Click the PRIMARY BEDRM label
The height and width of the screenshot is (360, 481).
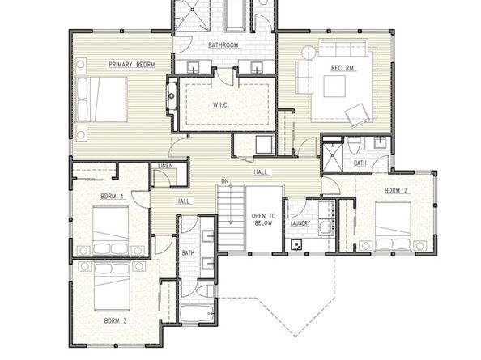[x=132, y=64]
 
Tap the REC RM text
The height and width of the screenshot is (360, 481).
[x=342, y=68]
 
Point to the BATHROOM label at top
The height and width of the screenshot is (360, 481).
[x=223, y=45]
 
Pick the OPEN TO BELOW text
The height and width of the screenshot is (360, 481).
[x=264, y=220]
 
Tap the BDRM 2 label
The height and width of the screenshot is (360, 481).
[x=395, y=191]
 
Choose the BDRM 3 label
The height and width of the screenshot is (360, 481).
[x=116, y=320]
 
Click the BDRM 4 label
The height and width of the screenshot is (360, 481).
[x=112, y=196]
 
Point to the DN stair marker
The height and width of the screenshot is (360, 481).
[x=226, y=181]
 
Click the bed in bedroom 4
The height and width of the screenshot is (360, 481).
[x=112, y=231]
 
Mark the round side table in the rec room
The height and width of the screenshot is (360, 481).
[x=307, y=52]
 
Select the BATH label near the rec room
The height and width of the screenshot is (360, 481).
[x=360, y=163]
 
